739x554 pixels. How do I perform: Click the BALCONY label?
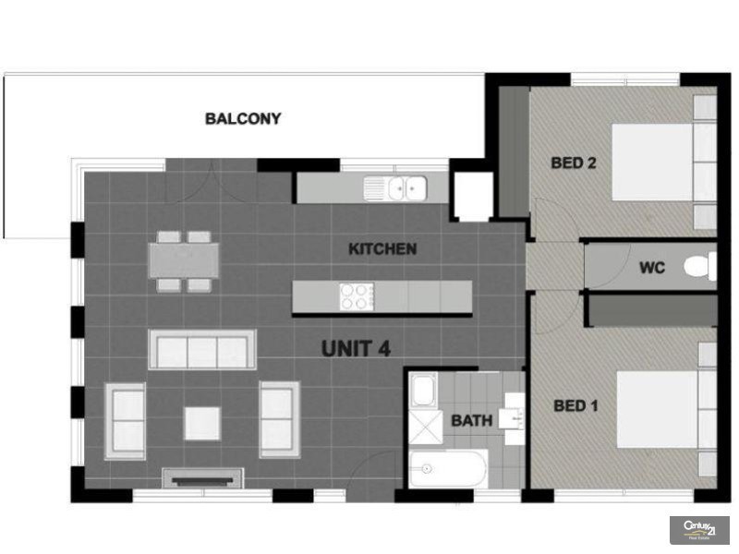pyautogui.click(x=243, y=119)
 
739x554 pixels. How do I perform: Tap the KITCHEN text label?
pyautogui.click(x=382, y=249)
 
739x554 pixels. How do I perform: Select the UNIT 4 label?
pyautogui.click(x=356, y=349)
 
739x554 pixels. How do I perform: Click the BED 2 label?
pyautogui.click(x=573, y=163)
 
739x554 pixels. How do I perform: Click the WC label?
pyautogui.click(x=652, y=269)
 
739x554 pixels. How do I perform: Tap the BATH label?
pyautogui.click(x=471, y=421)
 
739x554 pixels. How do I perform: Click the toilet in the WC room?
pyautogui.click(x=698, y=268)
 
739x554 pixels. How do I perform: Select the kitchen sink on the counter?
pyautogui.click(x=394, y=189)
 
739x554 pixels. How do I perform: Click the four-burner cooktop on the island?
pyautogui.click(x=356, y=296)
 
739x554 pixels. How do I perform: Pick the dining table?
pyautogui.click(x=184, y=260)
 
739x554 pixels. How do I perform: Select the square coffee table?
pyautogui.click(x=201, y=424)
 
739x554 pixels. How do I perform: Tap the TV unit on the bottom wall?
pyautogui.click(x=202, y=477)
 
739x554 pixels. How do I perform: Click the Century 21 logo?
pyautogui.click(x=699, y=529)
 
